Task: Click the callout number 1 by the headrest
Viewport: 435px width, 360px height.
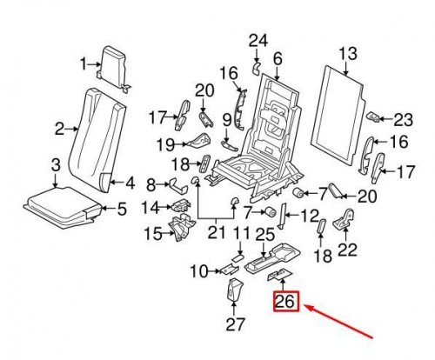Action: (87, 64)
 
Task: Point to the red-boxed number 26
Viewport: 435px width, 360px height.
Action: (284, 302)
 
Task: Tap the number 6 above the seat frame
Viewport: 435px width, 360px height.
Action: (278, 59)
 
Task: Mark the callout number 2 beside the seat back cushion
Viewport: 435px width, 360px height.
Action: (60, 130)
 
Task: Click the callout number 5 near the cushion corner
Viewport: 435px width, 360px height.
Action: (122, 208)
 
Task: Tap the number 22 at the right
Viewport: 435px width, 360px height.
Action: (347, 250)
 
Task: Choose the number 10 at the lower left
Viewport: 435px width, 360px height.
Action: (199, 272)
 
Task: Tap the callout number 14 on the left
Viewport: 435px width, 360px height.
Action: (151, 208)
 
